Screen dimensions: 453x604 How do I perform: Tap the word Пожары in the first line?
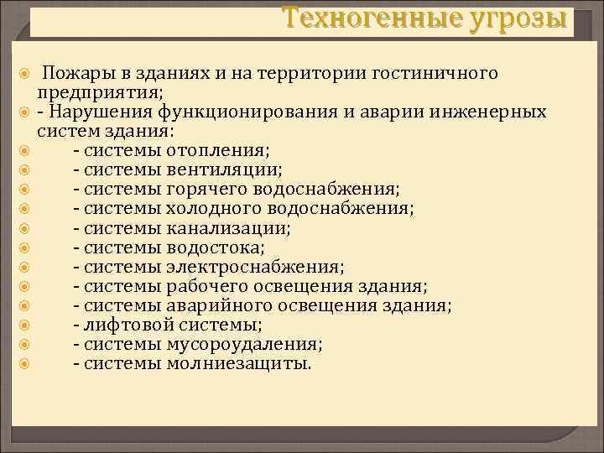tap(76, 74)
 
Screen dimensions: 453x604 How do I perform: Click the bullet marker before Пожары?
tap(25, 75)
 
